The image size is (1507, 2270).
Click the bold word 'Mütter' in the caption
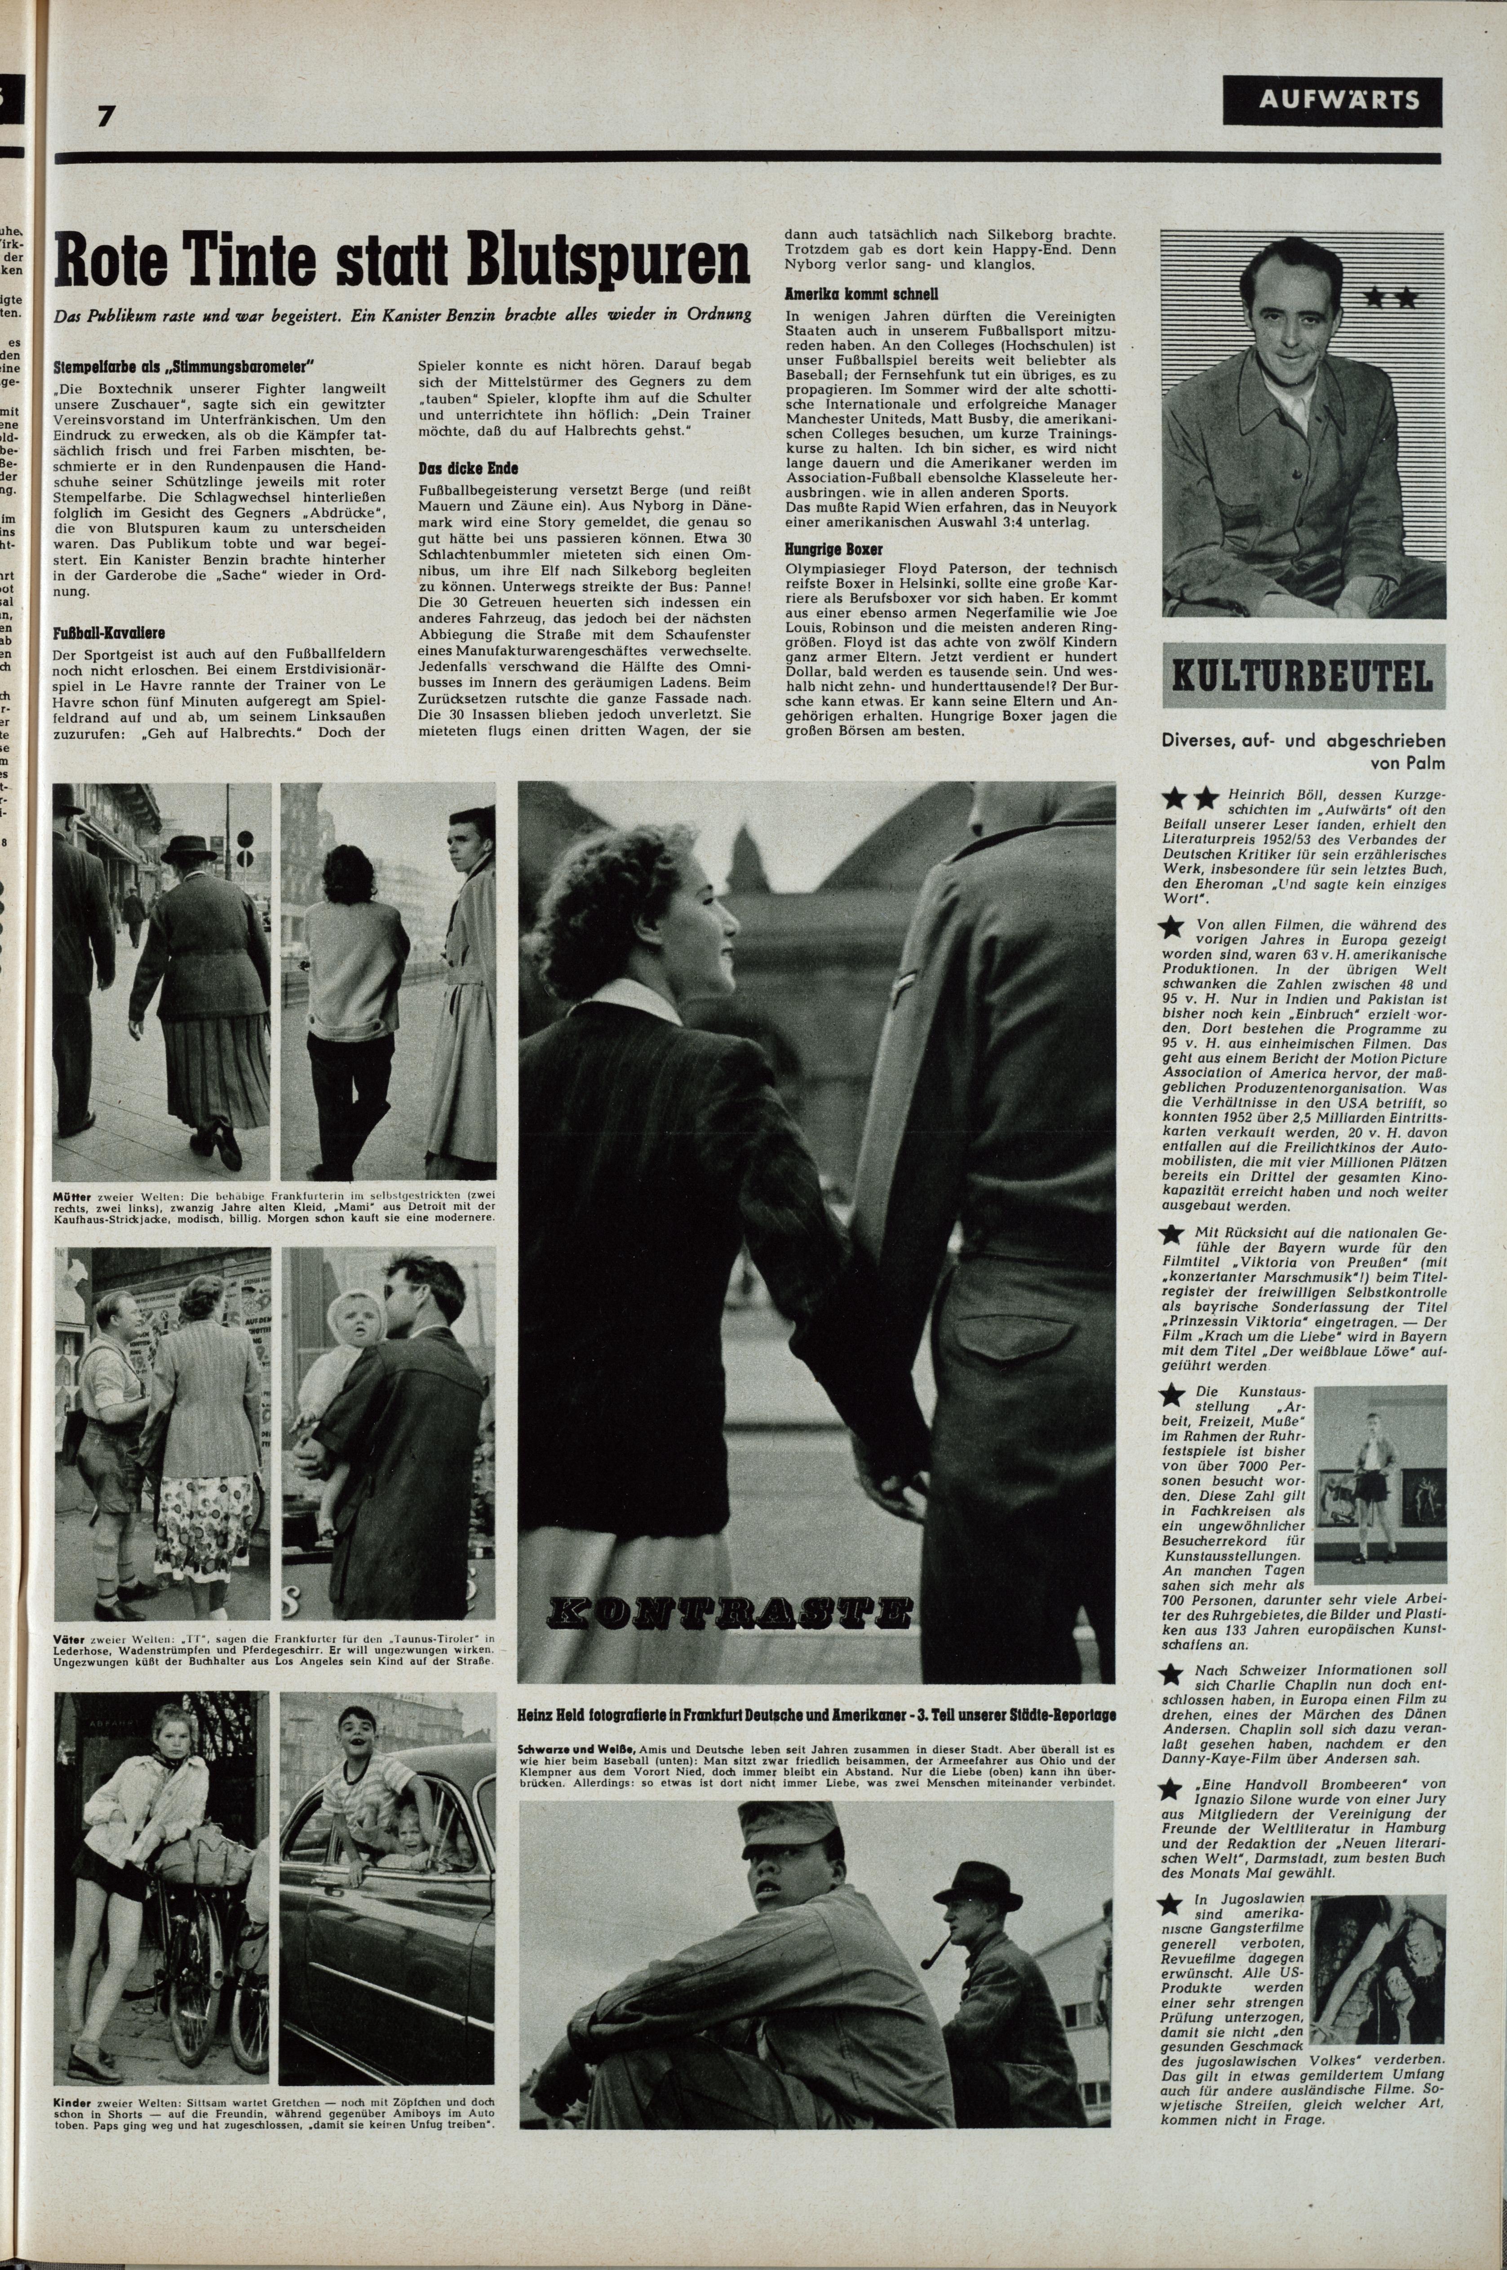(72, 1198)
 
